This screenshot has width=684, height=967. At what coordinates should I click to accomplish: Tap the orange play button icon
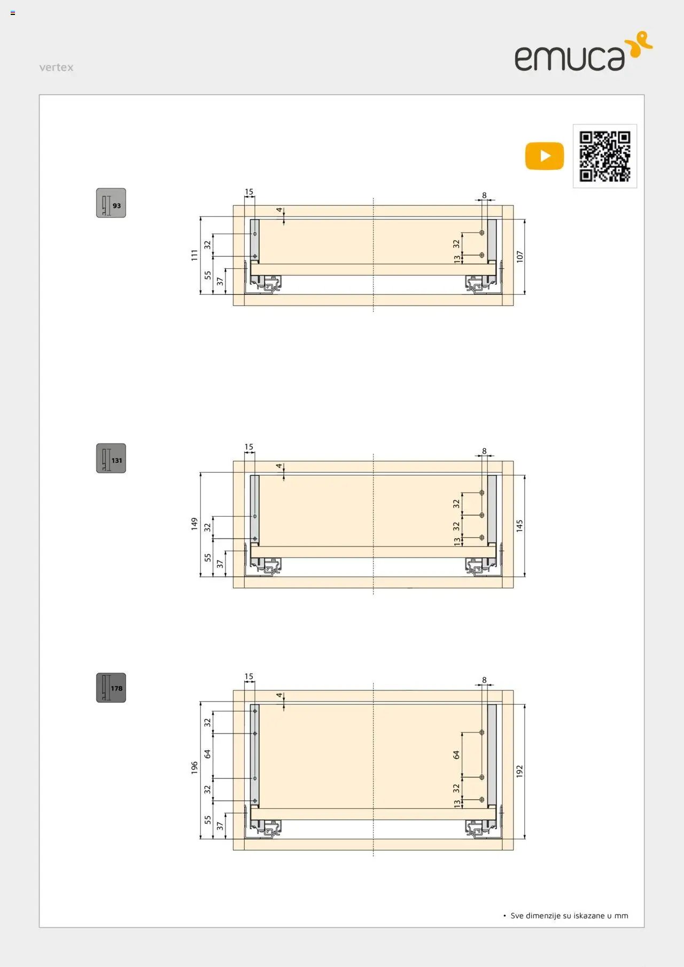545,156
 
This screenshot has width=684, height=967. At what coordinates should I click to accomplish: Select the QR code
605,156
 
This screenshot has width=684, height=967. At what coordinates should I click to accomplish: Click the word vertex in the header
56,67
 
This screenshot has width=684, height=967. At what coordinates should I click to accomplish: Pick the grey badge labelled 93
111,203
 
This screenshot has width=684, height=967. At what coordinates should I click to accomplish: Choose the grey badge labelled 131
111,458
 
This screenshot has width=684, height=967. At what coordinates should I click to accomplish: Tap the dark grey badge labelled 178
111,688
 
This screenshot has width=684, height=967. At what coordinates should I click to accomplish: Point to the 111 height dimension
195,255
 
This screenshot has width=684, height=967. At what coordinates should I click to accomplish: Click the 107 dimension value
520,256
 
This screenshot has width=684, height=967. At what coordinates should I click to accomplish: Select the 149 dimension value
195,524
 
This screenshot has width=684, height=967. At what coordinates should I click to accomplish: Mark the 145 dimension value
520,526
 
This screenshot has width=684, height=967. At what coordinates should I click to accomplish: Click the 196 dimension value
195,768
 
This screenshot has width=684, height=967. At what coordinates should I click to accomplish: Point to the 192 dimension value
520,771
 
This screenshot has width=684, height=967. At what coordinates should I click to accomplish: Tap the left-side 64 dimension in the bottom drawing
207,754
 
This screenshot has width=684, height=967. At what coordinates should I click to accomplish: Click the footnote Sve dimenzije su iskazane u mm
569,916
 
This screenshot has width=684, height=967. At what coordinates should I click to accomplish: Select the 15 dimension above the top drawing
249,192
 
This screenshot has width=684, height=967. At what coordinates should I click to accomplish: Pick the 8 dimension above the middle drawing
484,451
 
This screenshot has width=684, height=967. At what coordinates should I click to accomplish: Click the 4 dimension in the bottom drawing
279,695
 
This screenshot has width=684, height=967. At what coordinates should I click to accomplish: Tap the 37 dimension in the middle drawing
220,564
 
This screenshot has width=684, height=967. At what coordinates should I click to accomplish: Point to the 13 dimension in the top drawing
457,259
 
